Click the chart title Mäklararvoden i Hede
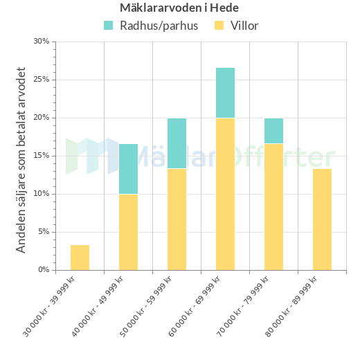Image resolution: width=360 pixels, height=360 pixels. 179,8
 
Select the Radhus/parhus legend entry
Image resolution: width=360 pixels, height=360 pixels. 151,26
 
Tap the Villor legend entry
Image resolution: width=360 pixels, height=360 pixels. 236,26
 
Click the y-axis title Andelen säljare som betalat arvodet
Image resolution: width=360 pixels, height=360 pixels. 21,160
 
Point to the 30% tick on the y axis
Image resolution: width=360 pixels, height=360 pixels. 42,42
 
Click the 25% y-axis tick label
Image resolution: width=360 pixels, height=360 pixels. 42,80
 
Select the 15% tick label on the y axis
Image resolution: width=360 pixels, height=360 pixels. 42,156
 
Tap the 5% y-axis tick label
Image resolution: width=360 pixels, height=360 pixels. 43,232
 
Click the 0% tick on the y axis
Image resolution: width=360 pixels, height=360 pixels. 43,270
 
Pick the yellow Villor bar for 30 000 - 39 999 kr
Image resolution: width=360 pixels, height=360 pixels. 80,258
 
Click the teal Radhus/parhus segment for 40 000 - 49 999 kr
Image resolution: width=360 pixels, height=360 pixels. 128,169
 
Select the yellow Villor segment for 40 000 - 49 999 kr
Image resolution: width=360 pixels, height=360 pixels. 128,232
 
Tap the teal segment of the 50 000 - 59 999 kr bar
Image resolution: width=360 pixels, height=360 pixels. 177,143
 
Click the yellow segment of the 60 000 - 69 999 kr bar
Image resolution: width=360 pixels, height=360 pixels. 225,194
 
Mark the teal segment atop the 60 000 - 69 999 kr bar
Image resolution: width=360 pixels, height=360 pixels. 225,93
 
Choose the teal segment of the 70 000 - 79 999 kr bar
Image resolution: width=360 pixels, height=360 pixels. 273,131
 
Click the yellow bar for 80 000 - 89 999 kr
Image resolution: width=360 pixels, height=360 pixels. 322,219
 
